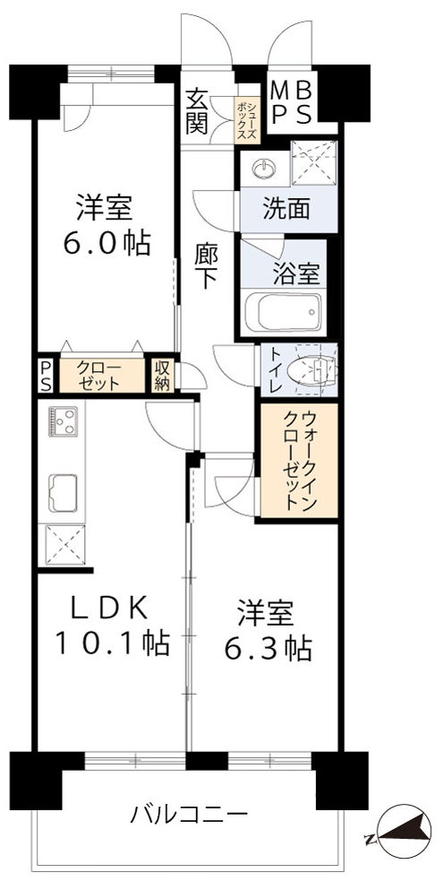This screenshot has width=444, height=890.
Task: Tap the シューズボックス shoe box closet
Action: coord(248,121)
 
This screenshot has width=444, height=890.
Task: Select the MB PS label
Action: coord(292,104)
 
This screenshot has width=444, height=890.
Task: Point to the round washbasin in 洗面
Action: coord(262,167)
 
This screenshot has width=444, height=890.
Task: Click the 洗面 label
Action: coord(286,210)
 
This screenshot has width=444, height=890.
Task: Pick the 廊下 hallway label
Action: coord(207,265)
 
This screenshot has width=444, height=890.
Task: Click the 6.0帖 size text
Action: coord(104,243)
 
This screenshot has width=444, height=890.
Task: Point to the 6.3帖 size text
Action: coord(266,647)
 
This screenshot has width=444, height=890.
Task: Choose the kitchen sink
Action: coord(64,492)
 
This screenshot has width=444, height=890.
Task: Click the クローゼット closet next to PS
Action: coord(94,373)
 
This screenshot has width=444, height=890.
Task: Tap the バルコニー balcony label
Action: coord(188,815)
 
